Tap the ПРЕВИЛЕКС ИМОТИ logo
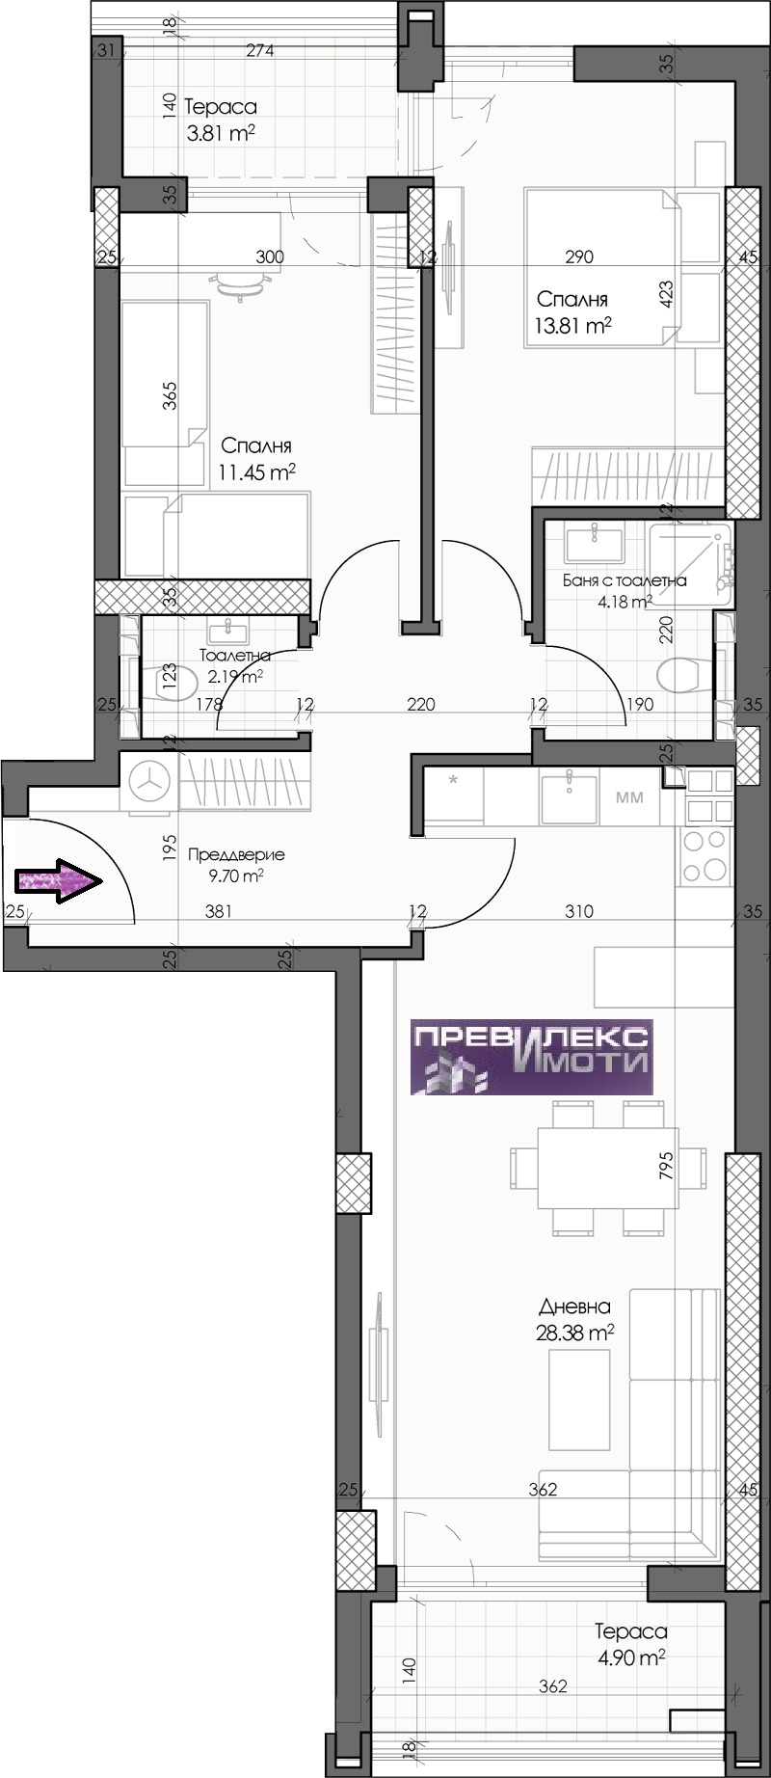coord(532,1057)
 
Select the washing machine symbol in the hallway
coord(149,782)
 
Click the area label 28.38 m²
coord(575,1333)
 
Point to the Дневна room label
coord(575,1307)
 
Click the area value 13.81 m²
coord(573,325)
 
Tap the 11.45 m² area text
coord(255,471)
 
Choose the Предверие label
coord(236,854)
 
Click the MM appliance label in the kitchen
coord(629,797)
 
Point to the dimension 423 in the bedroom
coord(665,293)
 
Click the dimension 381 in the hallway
coord(219,910)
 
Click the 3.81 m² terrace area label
coord(221,133)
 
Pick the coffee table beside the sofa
coord(578,1399)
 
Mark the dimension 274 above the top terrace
coord(259,50)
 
